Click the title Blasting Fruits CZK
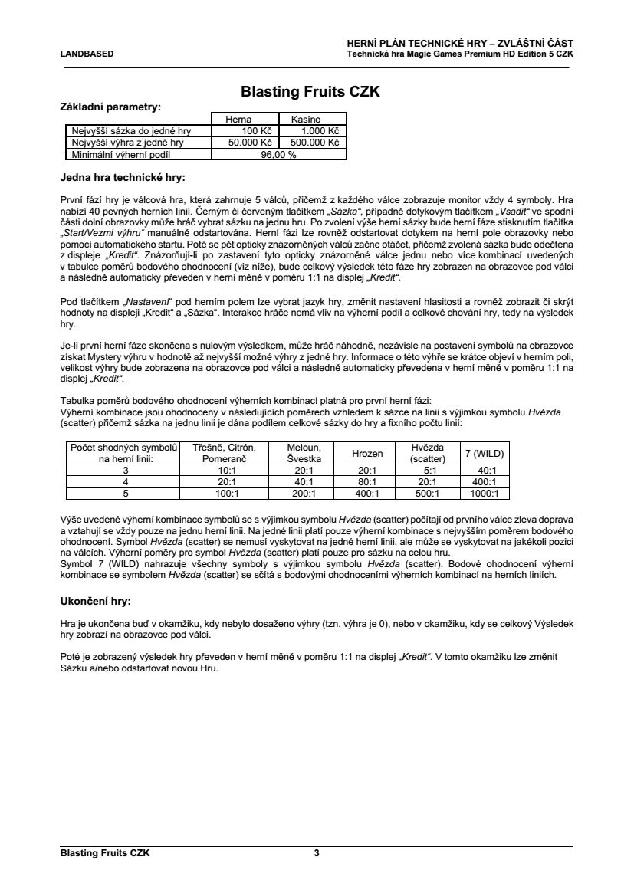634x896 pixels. pyautogui.click(x=310, y=93)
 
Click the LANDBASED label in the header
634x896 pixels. pyautogui.click(x=87, y=54)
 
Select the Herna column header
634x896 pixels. pyautogui.click(x=238, y=120)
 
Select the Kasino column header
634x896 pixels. pyautogui.click(x=306, y=120)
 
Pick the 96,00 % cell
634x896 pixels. pyautogui.click(x=278, y=154)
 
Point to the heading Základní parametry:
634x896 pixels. pyautogui.click(x=110, y=107)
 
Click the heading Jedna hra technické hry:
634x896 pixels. pyautogui.click(x=123, y=178)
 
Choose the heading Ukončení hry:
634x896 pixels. pyautogui.click(x=96, y=601)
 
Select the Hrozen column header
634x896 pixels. pyautogui.click(x=367, y=454)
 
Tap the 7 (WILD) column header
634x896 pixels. pyautogui.click(x=485, y=454)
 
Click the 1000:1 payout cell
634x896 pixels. pyautogui.click(x=485, y=494)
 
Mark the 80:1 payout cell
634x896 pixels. pyautogui.click(x=367, y=482)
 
